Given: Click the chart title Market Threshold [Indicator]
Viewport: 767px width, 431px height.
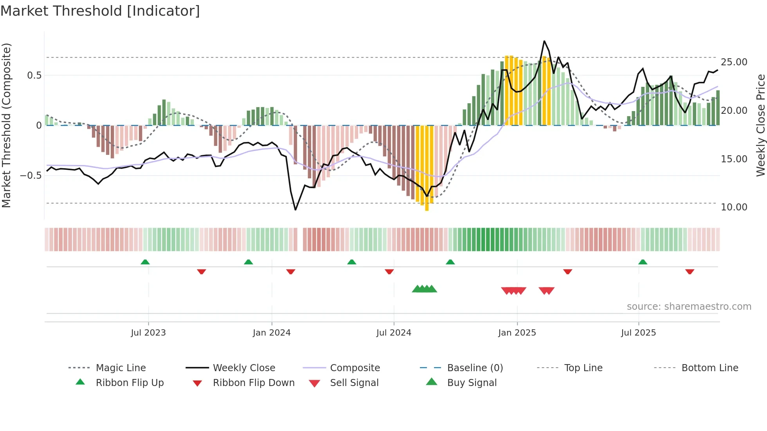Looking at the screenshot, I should [x=100, y=11].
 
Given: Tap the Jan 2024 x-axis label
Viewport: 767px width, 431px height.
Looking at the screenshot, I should [x=272, y=333].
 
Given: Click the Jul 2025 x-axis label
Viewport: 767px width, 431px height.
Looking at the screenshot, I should [x=638, y=333].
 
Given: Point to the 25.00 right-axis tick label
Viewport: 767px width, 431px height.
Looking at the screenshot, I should [x=734, y=62].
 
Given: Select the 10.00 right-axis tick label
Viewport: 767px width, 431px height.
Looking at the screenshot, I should [x=734, y=207].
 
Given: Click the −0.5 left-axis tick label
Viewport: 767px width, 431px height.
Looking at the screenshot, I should [x=31, y=176].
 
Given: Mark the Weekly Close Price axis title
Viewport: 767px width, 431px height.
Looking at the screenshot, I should [x=760, y=125].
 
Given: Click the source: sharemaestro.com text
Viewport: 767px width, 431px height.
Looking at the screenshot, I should [x=689, y=307].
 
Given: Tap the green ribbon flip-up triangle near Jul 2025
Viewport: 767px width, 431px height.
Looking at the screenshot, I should [x=643, y=262].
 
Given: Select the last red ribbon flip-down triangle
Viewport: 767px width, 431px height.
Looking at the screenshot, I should [x=690, y=271].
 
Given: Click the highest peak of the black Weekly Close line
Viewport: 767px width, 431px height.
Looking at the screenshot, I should [x=544, y=41].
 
